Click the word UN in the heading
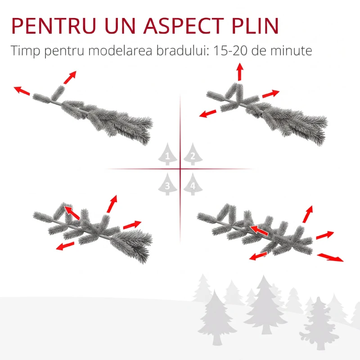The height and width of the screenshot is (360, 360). pyautogui.click(x=120, y=26)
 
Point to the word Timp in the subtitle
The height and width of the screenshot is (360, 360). pyautogui.click(x=25, y=51)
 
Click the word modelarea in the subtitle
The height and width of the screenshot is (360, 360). pyautogui.click(x=120, y=50)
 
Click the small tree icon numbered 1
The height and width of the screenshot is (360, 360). pyautogui.click(x=167, y=154)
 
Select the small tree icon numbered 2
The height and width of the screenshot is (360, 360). pyautogui.click(x=193, y=154)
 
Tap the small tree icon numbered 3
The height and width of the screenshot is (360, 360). pyautogui.click(x=167, y=184)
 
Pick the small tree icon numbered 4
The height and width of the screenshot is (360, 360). pyautogui.click(x=193, y=184)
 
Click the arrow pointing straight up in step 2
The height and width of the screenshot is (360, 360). pyautogui.click(x=240, y=72)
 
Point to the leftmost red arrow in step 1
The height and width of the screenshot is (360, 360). pyautogui.click(x=22, y=90)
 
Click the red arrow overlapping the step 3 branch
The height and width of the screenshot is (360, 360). pyautogui.click(x=72, y=213)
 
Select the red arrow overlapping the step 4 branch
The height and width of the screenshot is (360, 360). pyautogui.click(x=259, y=230)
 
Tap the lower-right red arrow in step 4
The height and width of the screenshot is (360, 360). pyautogui.click(x=330, y=257)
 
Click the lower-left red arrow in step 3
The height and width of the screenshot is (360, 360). pyautogui.click(x=65, y=246)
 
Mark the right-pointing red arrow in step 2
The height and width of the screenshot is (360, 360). pyautogui.click(x=271, y=94)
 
